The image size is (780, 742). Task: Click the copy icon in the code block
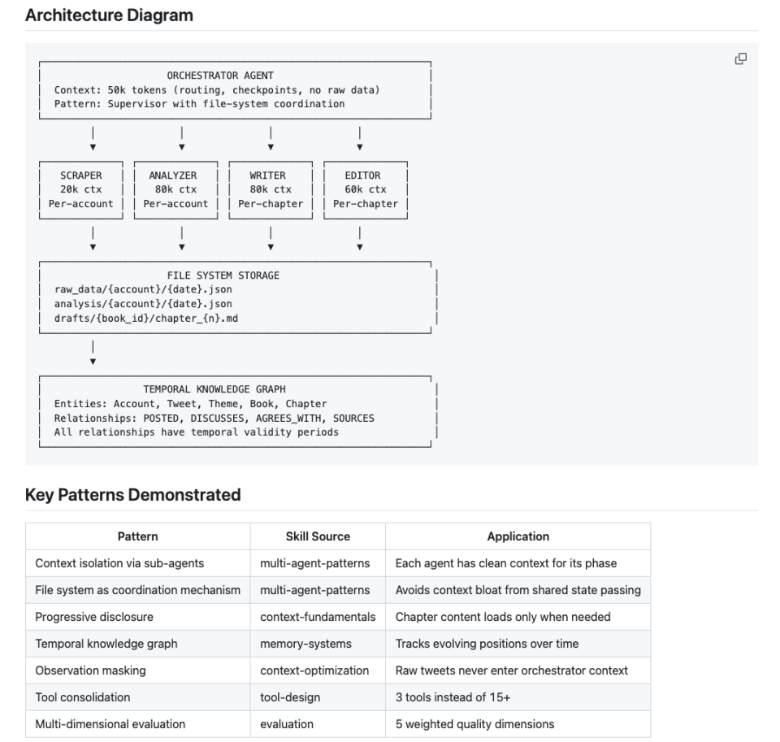tap(741, 59)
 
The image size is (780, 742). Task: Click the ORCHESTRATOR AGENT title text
tap(220, 76)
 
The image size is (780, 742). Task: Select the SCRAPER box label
tap(81, 176)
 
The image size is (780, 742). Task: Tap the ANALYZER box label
tap(173, 176)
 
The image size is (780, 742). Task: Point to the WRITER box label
tap(267, 176)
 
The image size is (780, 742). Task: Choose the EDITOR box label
tap(362, 176)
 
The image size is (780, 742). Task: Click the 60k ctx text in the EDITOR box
tap(366, 189)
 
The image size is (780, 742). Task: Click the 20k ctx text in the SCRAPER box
tap(81, 189)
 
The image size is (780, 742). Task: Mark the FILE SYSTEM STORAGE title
tap(223, 276)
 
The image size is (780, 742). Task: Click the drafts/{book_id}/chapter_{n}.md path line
tap(146, 319)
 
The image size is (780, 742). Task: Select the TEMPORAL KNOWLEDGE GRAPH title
tap(214, 389)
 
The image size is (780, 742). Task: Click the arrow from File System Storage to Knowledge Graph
tap(93, 353)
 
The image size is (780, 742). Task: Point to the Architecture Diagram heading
tap(109, 15)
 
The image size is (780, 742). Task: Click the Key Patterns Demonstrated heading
tap(132, 495)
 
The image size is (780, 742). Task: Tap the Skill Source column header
tap(318, 536)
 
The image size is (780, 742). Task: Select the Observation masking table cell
tap(90, 670)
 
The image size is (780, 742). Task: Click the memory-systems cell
tap(306, 644)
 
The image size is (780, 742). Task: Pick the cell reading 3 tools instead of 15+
tap(453, 698)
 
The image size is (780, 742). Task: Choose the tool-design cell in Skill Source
tap(290, 698)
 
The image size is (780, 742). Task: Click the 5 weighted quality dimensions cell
tap(475, 725)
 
